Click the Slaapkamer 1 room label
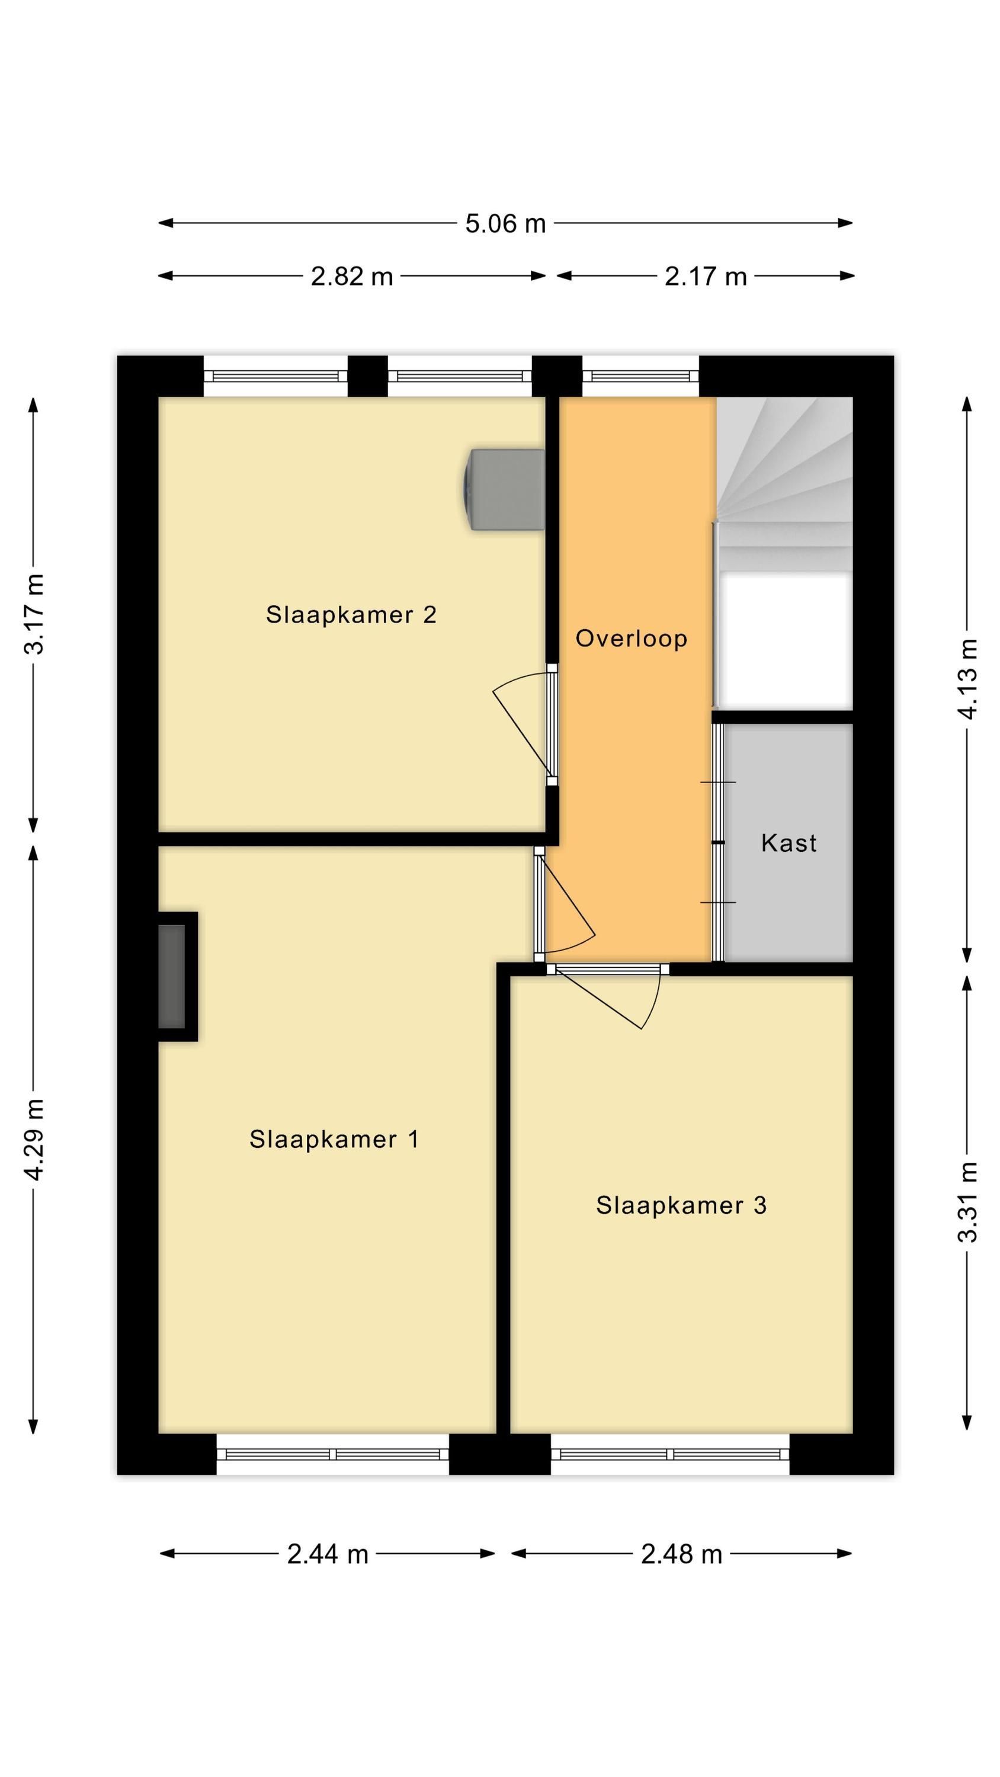(334, 1139)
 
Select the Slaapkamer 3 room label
(681, 1205)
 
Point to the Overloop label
(632, 639)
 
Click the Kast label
(789, 842)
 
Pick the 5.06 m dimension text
(505, 223)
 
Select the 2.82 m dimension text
(351, 277)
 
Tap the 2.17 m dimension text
(706, 277)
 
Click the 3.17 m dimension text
(34, 613)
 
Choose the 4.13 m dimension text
(967, 679)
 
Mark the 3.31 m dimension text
(967, 1202)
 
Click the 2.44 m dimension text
(328, 1554)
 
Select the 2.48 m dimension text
(681, 1554)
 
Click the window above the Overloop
(640, 376)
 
